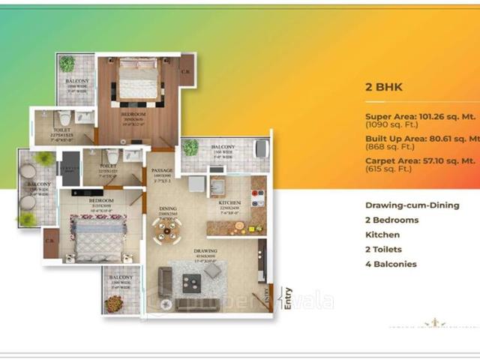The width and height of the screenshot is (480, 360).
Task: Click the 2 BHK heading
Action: (384, 87)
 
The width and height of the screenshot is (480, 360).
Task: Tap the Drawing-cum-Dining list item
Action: (412, 205)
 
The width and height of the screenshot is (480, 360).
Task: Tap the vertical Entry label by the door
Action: (287, 298)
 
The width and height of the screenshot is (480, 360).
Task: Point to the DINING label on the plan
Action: (167, 209)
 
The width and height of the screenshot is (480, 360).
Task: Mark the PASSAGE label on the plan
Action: (163, 171)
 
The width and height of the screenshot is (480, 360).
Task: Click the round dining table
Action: (166, 232)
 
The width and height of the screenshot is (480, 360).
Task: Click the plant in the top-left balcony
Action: (67, 64)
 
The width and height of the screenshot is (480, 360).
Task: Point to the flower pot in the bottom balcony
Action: (114, 303)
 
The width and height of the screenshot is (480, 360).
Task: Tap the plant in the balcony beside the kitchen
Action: (191, 147)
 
